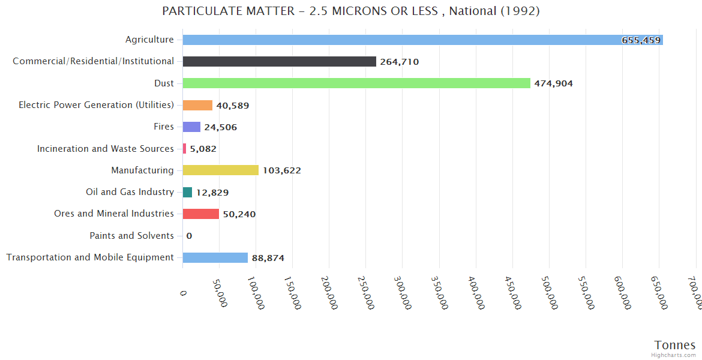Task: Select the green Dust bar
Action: [x=356, y=83]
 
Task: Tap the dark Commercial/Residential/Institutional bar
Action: [x=279, y=62]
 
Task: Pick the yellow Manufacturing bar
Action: [x=220, y=170]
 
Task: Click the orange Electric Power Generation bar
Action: [x=197, y=105]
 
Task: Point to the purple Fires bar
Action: [x=191, y=127]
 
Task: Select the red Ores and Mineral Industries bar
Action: [x=200, y=214]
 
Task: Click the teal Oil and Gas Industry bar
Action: [x=187, y=193]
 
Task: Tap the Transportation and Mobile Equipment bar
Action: [x=215, y=258]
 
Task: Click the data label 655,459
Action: [x=641, y=40]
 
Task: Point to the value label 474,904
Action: [x=553, y=83]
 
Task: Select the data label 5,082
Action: [x=203, y=149]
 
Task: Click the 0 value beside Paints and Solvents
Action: [x=189, y=236]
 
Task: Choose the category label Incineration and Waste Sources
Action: [x=106, y=149]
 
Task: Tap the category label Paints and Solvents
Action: [x=131, y=236]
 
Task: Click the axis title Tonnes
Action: [x=674, y=345]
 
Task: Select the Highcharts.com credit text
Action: [x=673, y=355]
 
